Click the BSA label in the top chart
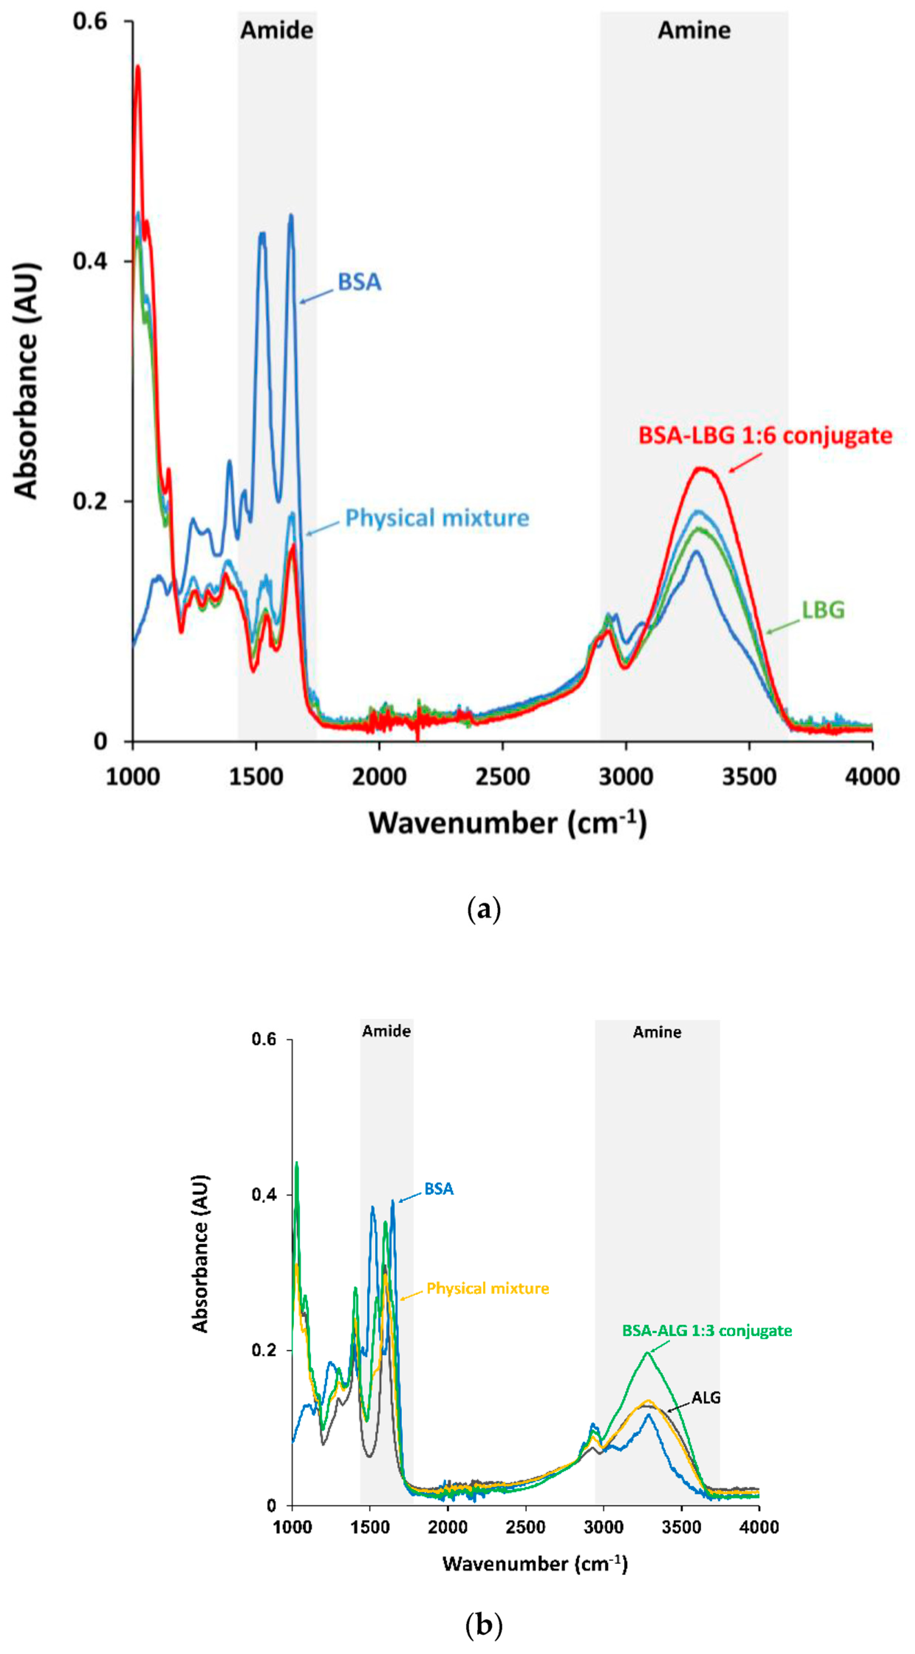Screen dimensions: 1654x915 [x=359, y=282]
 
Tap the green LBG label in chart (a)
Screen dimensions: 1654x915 [x=823, y=609]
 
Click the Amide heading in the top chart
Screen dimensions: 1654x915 [x=277, y=30]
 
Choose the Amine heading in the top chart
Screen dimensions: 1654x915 [x=694, y=30]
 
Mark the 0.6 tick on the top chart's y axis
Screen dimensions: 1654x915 [x=90, y=21]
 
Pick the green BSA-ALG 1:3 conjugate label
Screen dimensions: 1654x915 [x=707, y=1331]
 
